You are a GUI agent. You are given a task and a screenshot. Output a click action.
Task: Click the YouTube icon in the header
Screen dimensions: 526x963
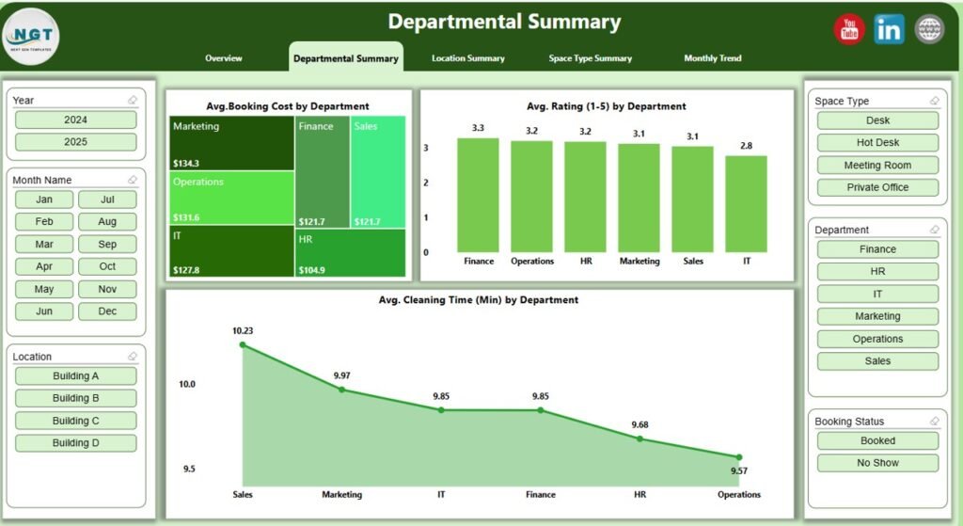[849, 29]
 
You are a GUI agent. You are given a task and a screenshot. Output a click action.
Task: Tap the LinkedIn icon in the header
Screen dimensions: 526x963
[889, 29]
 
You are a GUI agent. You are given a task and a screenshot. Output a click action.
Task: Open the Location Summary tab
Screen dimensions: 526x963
[467, 58]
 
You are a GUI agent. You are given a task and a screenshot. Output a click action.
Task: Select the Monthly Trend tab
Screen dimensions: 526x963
[712, 58]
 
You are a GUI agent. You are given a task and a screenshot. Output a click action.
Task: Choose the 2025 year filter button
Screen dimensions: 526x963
[75, 142]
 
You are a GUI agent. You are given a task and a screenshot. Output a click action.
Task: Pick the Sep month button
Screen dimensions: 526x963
[107, 245]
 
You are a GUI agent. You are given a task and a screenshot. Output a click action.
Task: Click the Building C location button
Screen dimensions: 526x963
[75, 421]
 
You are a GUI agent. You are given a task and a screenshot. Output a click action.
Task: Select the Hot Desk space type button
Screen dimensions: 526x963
[877, 143]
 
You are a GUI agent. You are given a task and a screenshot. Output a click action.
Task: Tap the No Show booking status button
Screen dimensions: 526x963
[877, 463]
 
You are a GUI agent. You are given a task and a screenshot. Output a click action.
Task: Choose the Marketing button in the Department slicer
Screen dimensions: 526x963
[877, 316]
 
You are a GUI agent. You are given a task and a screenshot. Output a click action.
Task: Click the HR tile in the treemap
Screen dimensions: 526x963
[350, 253]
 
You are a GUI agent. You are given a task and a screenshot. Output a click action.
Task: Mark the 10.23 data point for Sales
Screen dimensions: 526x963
[243, 345]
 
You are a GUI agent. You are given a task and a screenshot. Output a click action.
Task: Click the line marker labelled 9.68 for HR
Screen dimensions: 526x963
[639, 438]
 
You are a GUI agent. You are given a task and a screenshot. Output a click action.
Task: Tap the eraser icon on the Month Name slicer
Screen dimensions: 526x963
[132, 180]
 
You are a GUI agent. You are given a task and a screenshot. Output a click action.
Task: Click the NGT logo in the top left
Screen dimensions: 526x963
[31, 36]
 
